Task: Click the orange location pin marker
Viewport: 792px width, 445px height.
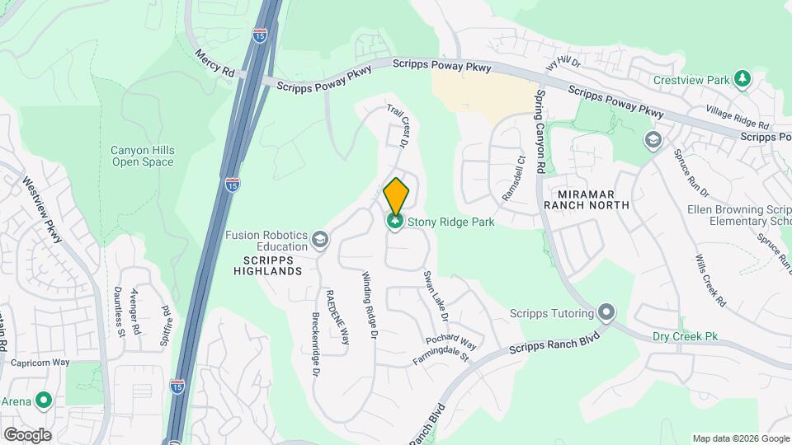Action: click(397, 195)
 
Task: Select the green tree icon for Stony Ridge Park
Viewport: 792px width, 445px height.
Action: click(395, 222)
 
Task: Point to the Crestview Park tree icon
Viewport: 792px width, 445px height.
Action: click(744, 79)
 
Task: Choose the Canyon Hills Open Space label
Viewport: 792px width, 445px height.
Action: click(142, 156)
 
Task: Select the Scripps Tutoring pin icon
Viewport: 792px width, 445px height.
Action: click(607, 313)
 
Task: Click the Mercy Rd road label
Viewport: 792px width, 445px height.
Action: click(214, 63)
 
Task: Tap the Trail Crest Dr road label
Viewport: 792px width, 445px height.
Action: click(399, 126)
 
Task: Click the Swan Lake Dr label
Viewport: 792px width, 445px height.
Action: click(435, 296)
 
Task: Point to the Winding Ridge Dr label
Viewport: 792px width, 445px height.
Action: click(369, 306)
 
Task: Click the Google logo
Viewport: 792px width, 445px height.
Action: click(27, 434)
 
